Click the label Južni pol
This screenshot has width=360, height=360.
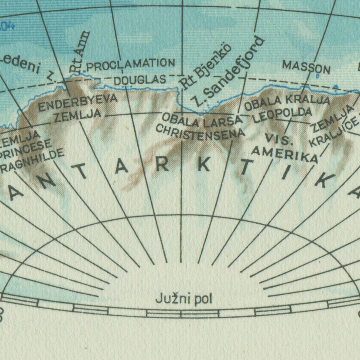click(x=184, y=299)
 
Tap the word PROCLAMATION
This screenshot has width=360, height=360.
click(x=131, y=65)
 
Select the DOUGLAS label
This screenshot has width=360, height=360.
click(x=140, y=80)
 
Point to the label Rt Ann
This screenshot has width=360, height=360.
click(x=80, y=51)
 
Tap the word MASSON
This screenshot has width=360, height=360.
click(x=306, y=67)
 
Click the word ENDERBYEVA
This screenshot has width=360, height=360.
click(x=78, y=103)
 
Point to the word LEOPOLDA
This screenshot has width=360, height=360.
click(x=282, y=115)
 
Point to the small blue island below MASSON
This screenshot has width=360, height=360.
click(x=318, y=76)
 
